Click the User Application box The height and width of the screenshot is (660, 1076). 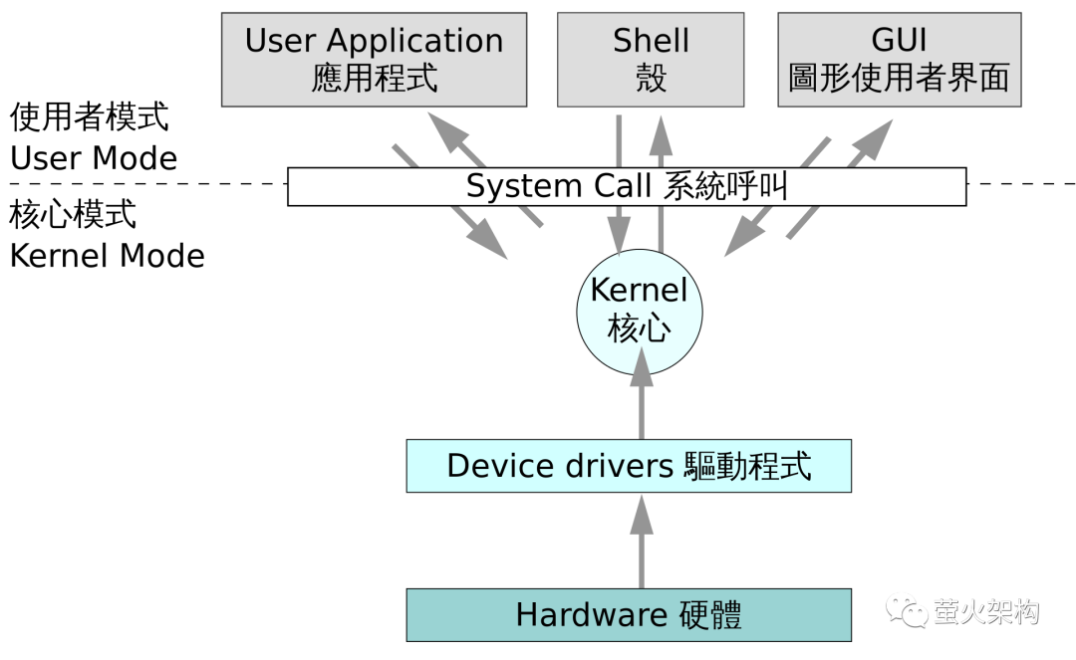point(374,60)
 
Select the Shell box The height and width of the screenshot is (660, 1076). point(651,60)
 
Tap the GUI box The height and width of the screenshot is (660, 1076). point(900,60)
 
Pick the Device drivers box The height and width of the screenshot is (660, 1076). point(629,466)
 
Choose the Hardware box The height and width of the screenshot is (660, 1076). point(629,615)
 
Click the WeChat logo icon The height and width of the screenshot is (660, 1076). point(906,609)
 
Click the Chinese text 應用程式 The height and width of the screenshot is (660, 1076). point(374,79)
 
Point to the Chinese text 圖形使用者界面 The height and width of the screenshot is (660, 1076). point(900,79)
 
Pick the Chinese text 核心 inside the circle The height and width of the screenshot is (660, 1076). point(639,330)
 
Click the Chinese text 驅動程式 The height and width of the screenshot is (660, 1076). point(748,466)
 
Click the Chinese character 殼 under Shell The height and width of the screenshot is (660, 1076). point(651,79)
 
